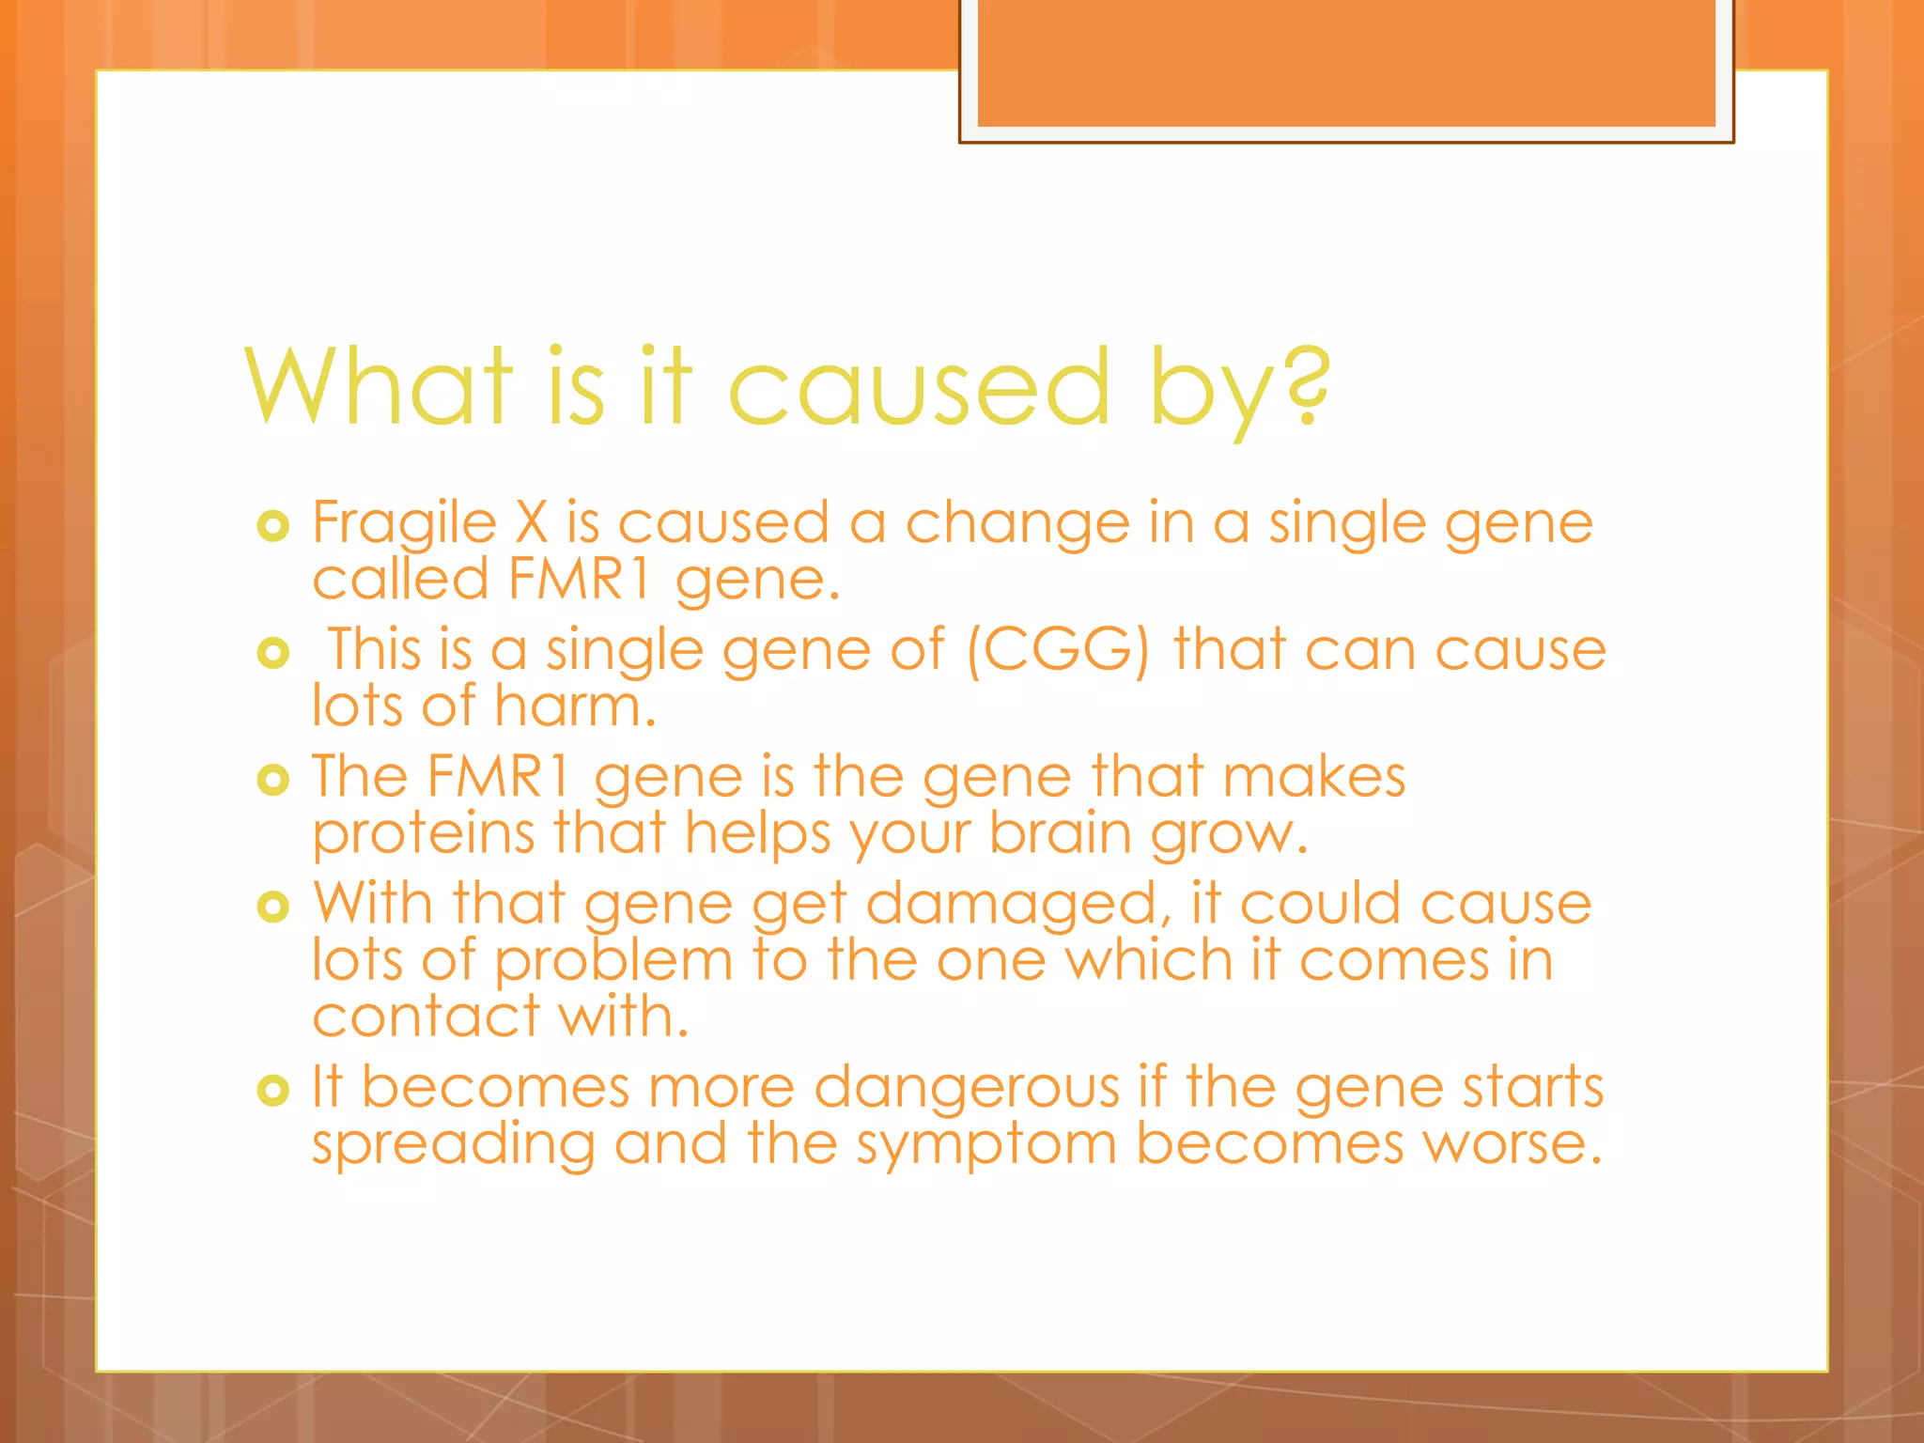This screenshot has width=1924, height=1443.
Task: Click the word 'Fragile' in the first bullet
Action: click(404, 523)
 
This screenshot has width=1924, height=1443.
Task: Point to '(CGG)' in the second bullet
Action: click(1058, 650)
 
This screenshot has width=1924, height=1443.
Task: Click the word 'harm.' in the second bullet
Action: click(575, 706)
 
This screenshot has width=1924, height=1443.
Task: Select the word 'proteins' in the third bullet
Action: click(423, 834)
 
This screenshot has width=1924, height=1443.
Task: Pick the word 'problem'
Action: click(613, 962)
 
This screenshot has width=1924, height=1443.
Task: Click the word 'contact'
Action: click(427, 1016)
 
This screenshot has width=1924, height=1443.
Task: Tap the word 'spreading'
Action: click(453, 1146)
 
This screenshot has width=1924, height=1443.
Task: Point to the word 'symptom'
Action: click(985, 1146)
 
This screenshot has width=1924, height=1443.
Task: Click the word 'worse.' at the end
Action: click(1512, 1144)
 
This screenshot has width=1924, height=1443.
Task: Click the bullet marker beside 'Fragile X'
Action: click(273, 526)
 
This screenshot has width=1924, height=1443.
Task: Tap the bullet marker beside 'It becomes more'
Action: click(273, 1091)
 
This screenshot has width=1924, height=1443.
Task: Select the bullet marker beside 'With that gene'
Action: click(273, 907)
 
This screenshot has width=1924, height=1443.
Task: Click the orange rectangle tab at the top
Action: click(1346, 64)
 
